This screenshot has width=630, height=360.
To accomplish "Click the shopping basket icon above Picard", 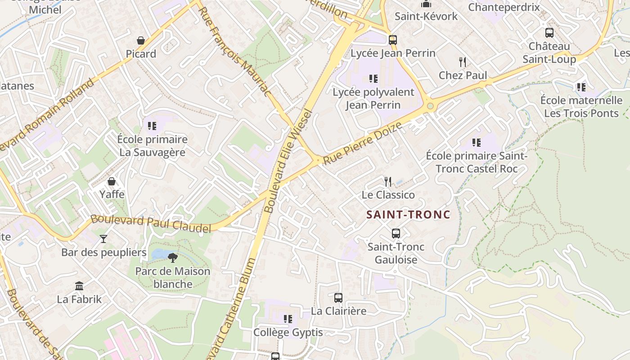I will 141,40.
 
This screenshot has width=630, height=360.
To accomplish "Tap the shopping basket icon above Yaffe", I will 112,181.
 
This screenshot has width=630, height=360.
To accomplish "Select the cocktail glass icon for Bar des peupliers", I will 103,238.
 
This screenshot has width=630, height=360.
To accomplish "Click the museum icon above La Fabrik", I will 79,286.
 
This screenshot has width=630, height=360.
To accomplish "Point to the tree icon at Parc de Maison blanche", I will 172,257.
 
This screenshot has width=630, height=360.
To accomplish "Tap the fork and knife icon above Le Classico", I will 388,181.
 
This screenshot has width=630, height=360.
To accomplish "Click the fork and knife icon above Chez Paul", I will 462,62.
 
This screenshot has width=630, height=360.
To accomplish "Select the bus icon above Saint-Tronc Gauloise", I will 396,234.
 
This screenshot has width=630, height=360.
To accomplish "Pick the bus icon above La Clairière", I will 338,297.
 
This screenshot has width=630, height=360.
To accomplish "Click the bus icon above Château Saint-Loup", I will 549,32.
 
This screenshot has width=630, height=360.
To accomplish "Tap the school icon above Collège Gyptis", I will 288,319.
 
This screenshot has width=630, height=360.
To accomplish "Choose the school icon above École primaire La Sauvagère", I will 152,126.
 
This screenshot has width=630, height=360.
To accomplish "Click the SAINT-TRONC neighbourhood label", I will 408,215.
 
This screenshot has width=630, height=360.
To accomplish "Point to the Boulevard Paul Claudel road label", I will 151,224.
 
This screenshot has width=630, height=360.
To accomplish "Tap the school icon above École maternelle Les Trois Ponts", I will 581,87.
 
